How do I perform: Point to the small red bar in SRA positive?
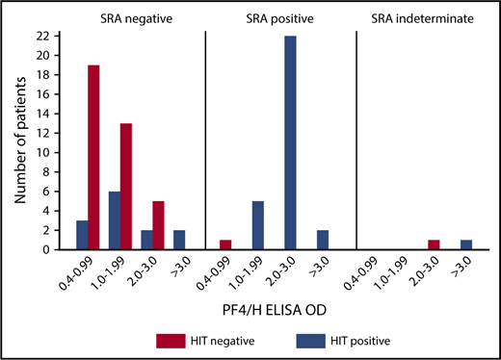(x=225, y=244)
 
